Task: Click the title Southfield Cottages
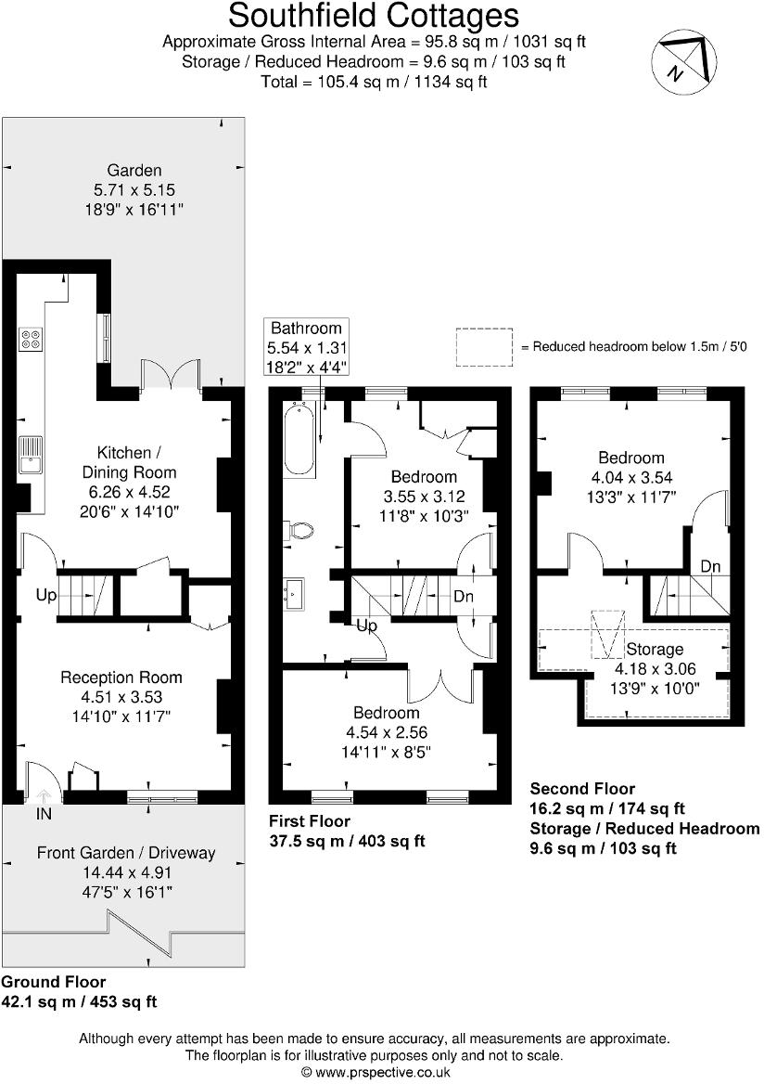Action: [x=374, y=16]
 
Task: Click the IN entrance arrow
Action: [x=44, y=799]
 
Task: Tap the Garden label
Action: [x=134, y=170]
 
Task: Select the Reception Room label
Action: [x=121, y=677]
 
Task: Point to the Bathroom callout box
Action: [x=306, y=346]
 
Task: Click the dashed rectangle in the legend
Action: [x=483, y=346]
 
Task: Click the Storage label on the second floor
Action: [x=654, y=649]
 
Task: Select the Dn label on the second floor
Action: [x=711, y=566]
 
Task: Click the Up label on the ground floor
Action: [x=46, y=595]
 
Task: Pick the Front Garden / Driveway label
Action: [x=126, y=853]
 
